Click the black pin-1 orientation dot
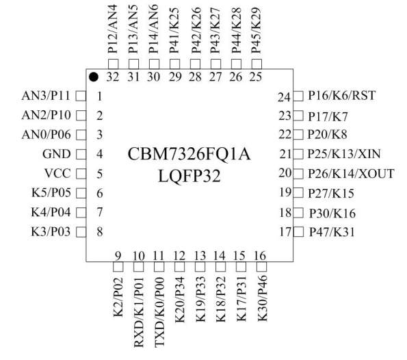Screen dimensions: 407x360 click(x=94, y=77)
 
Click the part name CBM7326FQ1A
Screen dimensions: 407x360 click(x=189, y=154)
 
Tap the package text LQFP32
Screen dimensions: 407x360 click(x=189, y=176)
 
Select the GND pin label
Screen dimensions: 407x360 click(x=56, y=154)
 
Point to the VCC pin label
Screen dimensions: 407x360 click(x=57, y=174)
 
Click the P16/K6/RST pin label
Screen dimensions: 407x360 click(x=341, y=96)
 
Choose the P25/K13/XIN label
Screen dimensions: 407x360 click(x=344, y=154)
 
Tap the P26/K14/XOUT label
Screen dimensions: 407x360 click(x=351, y=174)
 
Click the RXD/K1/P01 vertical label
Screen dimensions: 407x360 click(x=139, y=312)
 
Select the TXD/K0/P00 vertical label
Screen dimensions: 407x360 click(x=159, y=312)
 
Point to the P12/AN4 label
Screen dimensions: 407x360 click(x=113, y=29)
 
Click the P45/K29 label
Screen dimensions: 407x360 click(x=256, y=30)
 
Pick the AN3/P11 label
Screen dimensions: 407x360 click(x=46, y=96)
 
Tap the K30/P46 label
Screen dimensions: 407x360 click(x=262, y=298)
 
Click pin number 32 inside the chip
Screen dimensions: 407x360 click(x=113, y=77)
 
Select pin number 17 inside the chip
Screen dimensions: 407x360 click(x=285, y=232)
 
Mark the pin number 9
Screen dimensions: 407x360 click(x=118, y=256)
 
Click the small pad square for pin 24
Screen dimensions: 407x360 click(x=298, y=96)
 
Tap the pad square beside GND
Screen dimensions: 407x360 click(x=81, y=154)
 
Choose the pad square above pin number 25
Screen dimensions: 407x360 click(x=257, y=64)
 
